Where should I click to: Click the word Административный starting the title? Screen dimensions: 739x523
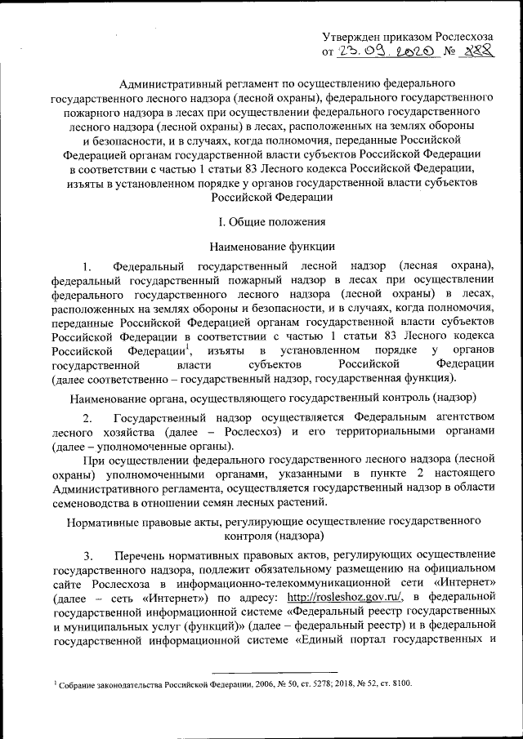click(168, 84)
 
